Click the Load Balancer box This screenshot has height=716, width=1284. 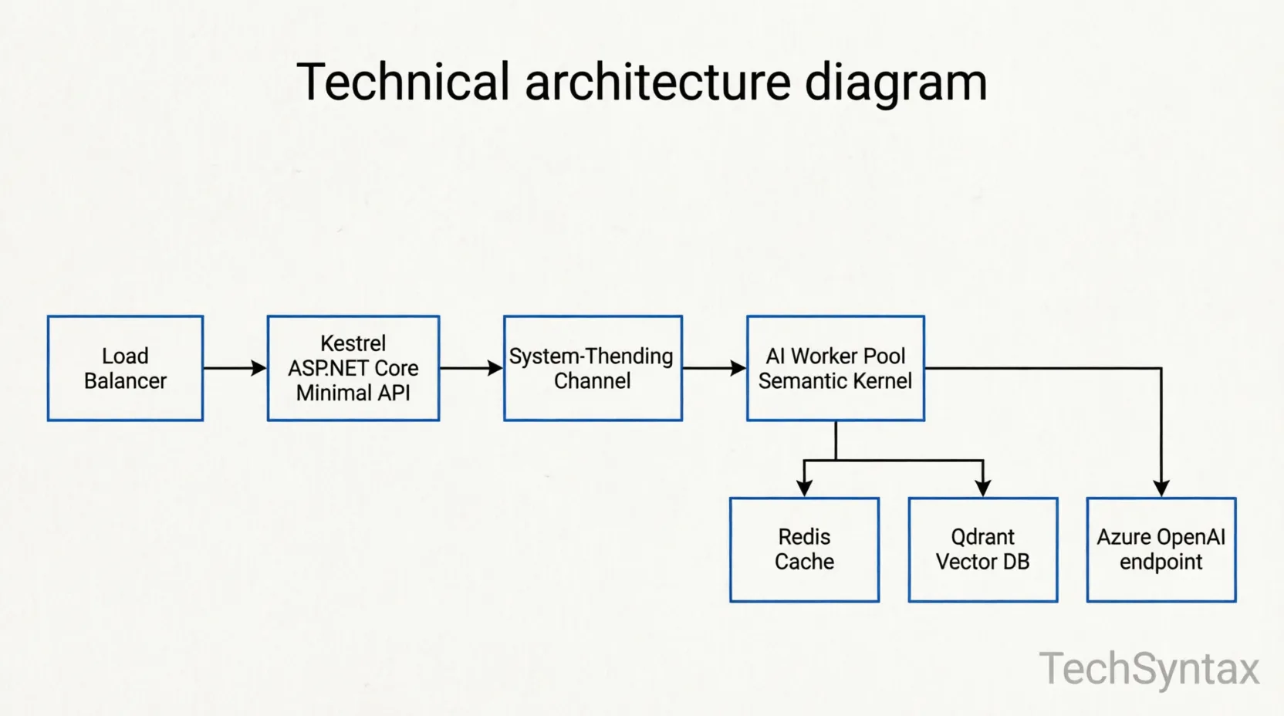(x=125, y=368)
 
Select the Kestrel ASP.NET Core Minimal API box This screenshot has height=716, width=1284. (x=353, y=368)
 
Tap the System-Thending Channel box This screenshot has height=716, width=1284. (x=593, y=368)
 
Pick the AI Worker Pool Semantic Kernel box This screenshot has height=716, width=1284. (x=835, y=368)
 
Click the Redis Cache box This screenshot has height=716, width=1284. (x=804, y=549)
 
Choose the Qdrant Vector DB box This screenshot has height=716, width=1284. (x=982, y=549)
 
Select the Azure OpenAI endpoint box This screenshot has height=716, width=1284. (x=1161, y=549)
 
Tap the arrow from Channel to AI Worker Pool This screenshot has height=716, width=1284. (x=715, y=368)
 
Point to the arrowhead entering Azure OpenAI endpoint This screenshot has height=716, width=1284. (x=1161, y=488)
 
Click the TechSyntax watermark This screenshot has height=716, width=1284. (x=1148, y=668)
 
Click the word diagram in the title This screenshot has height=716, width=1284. (x=896, y=83)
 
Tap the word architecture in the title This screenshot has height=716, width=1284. (x=658, y=82)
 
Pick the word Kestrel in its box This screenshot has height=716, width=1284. (x=353, y=343)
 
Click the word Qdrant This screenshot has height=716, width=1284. (x=982, y=537)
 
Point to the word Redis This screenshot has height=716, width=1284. (x=804, y=536)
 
